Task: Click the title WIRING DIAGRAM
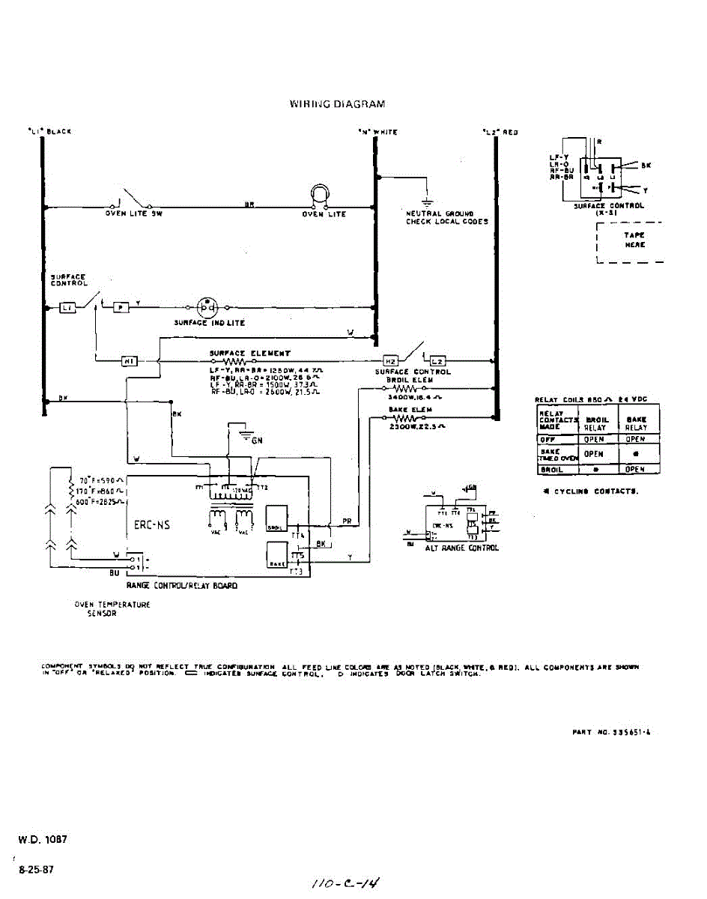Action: tap(337, 104)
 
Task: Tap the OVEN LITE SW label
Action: tap(133, 214)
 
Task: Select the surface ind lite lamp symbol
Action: tap(207, 307)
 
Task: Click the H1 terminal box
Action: tap(128, 363)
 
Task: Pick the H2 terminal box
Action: tap(390, 361)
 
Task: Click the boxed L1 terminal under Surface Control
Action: tap(67, 307)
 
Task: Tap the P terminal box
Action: tap(121, 307)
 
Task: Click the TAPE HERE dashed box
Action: tap(630, 240)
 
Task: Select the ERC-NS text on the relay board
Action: tap(152, 525)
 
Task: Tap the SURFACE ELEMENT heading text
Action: tap(249, 353)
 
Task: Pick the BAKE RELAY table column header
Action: tap(637, 423)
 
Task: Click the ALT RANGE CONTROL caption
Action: tap(461, 548)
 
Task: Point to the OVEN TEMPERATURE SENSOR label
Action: tap(112, 608)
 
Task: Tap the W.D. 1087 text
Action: tap(43, 840)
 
